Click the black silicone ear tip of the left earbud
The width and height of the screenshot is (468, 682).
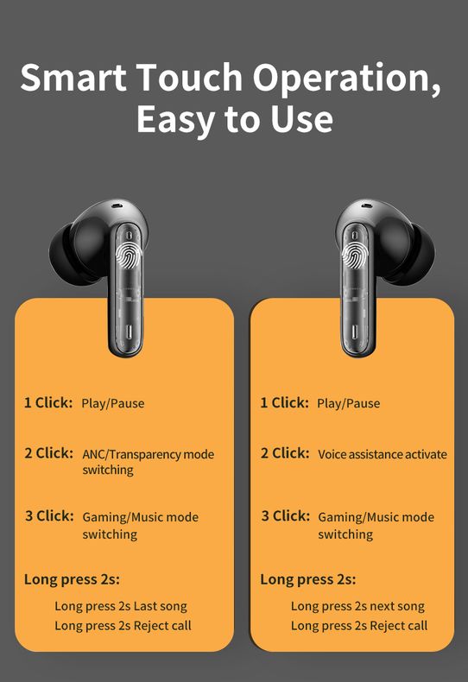point(66,254)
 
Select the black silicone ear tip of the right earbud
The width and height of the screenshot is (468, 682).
point(418,254)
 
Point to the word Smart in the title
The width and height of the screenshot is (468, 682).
point(73,77)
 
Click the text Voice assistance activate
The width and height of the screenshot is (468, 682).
point(383,454)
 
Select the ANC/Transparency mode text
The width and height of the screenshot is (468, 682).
point(148,454)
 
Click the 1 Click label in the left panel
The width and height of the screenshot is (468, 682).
point(48,402)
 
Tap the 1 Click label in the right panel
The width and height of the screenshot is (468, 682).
point(284,402)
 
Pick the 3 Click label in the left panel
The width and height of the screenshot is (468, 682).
point(49,516)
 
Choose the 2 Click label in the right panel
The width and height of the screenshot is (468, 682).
point(285,453)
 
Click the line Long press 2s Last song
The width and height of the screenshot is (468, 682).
point(121,606)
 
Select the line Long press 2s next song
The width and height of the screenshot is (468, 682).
point(357,606)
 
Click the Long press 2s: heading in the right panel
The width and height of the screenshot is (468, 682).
point(308,580)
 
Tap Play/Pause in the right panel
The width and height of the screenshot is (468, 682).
point(348,404)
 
